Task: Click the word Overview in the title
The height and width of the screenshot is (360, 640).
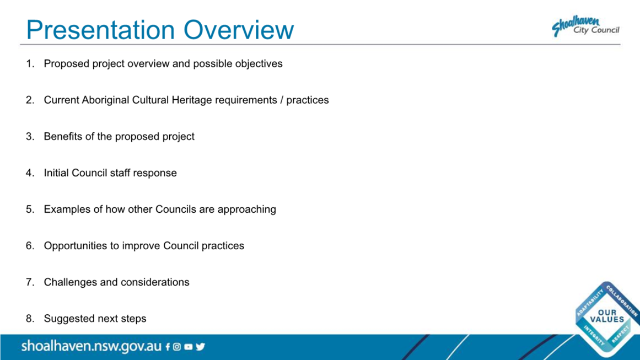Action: coord(238,30)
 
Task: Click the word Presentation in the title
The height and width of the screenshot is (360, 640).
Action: coord(100,30)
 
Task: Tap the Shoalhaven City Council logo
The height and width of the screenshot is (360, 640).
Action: coord(586,26)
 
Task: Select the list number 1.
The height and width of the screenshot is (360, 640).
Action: coord(30,63)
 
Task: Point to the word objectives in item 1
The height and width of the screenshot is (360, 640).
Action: coord(259,64)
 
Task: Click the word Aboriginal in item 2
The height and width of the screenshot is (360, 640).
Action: coord(105,100)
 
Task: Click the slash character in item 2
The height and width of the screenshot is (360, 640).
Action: coord(282,100)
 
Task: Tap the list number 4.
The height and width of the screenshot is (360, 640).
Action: coord(30,173)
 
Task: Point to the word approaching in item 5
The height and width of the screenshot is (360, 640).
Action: coord(246,210)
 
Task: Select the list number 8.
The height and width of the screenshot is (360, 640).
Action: coord(30,318)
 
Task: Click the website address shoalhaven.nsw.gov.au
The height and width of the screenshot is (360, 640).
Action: coord(92,346)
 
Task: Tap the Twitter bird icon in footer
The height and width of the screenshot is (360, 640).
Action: coord(200,347)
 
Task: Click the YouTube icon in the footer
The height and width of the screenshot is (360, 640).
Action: coord(188,347)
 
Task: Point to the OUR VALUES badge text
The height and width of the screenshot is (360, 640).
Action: coord(607,315)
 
